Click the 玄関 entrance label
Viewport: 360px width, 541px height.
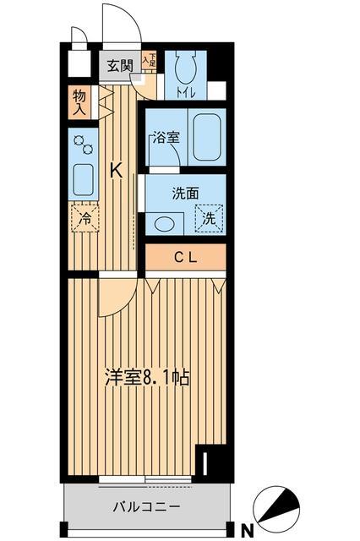pos(120,66)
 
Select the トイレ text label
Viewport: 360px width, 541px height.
pos(186,93)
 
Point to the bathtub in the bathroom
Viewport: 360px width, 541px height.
pos(207,137)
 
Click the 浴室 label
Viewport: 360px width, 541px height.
pos(166,138)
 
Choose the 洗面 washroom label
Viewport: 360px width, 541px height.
pos(185,194)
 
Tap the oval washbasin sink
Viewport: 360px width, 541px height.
pos(165,224)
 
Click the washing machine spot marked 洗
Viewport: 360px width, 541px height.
pos(209,219)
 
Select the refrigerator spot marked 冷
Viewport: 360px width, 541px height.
pos(85,218)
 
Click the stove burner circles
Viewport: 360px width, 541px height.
pos(84,145)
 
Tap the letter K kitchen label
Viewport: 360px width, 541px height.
pos(117,171)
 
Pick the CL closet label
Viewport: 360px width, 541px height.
pos(186,257)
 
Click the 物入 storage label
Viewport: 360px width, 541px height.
pos(79,102)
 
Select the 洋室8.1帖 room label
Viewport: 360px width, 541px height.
pos(147,378)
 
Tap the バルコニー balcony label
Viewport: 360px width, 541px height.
pos(147,506)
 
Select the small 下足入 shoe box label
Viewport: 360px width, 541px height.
pos(150,60)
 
